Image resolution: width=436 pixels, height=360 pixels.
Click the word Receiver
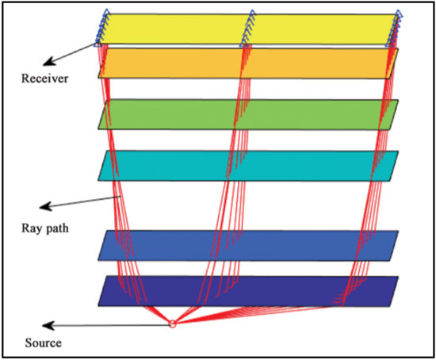click(x=44, y=79)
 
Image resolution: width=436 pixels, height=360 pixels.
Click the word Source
click(x=43, y=343)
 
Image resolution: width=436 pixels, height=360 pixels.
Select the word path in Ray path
click(x=56, y=228)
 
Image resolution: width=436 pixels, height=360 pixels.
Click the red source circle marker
click(x=172, y=324)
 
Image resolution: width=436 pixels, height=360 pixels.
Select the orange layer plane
click(x=248, y=63)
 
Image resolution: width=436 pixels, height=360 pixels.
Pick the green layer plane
click(x=248, y=114)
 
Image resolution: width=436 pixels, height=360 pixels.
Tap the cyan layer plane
click(x=248, y=166)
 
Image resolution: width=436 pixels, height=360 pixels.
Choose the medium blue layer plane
click(x=248, y=245)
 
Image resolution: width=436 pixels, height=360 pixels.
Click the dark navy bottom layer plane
click(x=248, y=291)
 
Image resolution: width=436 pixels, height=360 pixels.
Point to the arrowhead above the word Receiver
click(x=49, y=62)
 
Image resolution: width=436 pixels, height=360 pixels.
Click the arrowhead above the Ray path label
click(x=46, y=206)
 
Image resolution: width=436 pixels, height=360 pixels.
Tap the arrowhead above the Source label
click(x=48, y=325)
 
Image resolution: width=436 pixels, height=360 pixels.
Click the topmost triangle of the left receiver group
click(x=106, y=12)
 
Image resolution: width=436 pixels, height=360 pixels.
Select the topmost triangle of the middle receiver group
click(x=252, y=13)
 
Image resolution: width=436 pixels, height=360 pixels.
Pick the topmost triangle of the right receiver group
click(x=399, y=13)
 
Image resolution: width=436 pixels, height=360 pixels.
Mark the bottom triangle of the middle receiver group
click(x=243, y=44)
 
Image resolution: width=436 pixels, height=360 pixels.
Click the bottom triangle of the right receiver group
click(x=389, y=44)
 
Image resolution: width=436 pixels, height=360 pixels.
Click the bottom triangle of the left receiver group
click(x=98, y=44)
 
